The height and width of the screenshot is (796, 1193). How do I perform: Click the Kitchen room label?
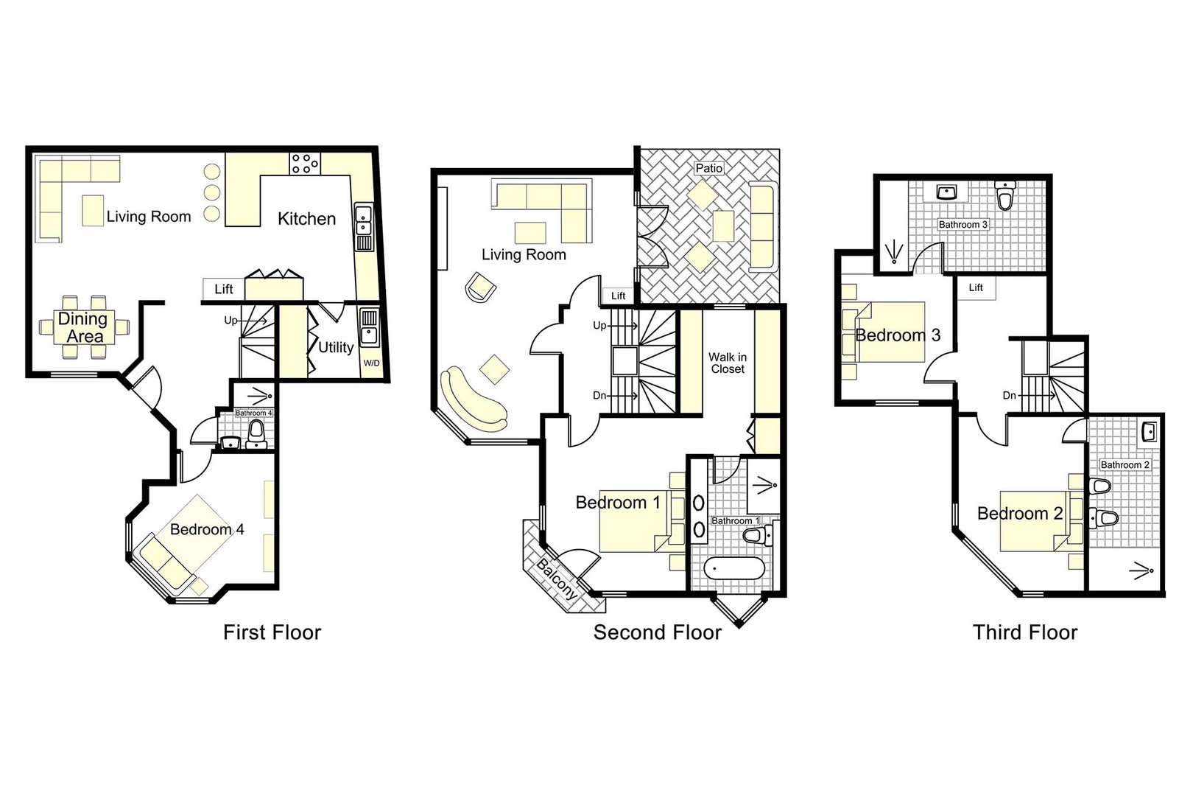coord(306,219)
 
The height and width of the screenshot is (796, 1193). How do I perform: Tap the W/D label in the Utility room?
coord(371,363)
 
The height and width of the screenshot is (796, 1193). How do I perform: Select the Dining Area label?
coord(83,328)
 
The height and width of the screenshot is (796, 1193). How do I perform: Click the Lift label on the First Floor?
coord(224,289)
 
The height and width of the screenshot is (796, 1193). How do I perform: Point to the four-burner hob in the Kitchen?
coord(305,164)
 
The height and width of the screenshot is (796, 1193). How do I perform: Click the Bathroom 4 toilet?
coord(256,430)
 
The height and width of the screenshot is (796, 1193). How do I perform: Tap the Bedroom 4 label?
coord(207,529)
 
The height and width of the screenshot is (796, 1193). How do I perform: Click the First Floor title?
coord(272,632)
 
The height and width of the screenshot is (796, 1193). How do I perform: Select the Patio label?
coord(708,168)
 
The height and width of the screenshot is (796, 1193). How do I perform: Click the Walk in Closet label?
coord(727,363)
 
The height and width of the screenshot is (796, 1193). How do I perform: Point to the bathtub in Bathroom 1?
coord(733,569)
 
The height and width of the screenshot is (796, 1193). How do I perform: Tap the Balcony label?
coord(557,579)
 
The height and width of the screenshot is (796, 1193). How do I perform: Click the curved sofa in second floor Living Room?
coord(472,401)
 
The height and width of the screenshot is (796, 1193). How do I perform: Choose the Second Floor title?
coord(657,632)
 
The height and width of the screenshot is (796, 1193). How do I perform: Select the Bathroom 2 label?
coord(1125,464)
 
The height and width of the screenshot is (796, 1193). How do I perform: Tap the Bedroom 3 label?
coord(898,335)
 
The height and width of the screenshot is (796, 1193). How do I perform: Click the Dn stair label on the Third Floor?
coord(1009,396)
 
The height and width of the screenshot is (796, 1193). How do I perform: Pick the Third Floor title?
coord(1024,632)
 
